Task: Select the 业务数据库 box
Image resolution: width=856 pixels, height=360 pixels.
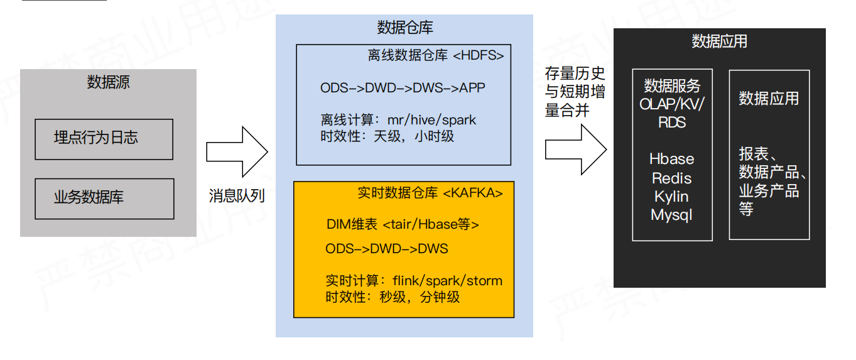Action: [x=104, y=198]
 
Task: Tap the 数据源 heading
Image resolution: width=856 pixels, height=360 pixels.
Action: [x=108, y=82]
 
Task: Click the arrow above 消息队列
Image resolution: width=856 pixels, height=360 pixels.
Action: [x=237, y=151]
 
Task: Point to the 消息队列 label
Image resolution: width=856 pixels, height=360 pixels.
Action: [x=237, y=196]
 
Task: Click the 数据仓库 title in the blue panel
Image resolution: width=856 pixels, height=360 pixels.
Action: [x=404, y=28]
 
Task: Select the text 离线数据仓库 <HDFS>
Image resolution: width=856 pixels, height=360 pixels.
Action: [x=435, y=55]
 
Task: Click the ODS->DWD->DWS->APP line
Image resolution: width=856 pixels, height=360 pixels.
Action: [x=403, y=88]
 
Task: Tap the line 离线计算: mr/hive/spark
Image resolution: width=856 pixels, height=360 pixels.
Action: [x=398, y=119]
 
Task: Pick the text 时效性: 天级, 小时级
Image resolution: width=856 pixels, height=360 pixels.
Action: [x=387, y=136]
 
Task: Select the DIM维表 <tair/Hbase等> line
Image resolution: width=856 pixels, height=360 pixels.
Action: [x=403, y=224]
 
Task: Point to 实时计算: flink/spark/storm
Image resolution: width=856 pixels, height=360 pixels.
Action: [x=414, y=280]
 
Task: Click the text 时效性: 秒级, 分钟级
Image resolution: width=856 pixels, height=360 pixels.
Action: [x=393, y=297]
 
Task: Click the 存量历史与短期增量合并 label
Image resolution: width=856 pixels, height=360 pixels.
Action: [x=575, y=92]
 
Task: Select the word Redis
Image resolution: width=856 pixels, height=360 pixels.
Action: [x=672, y=178]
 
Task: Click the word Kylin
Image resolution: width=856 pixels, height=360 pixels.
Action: [x=672, y=197]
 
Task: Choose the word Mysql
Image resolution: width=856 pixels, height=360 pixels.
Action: [x=672, y=215]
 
